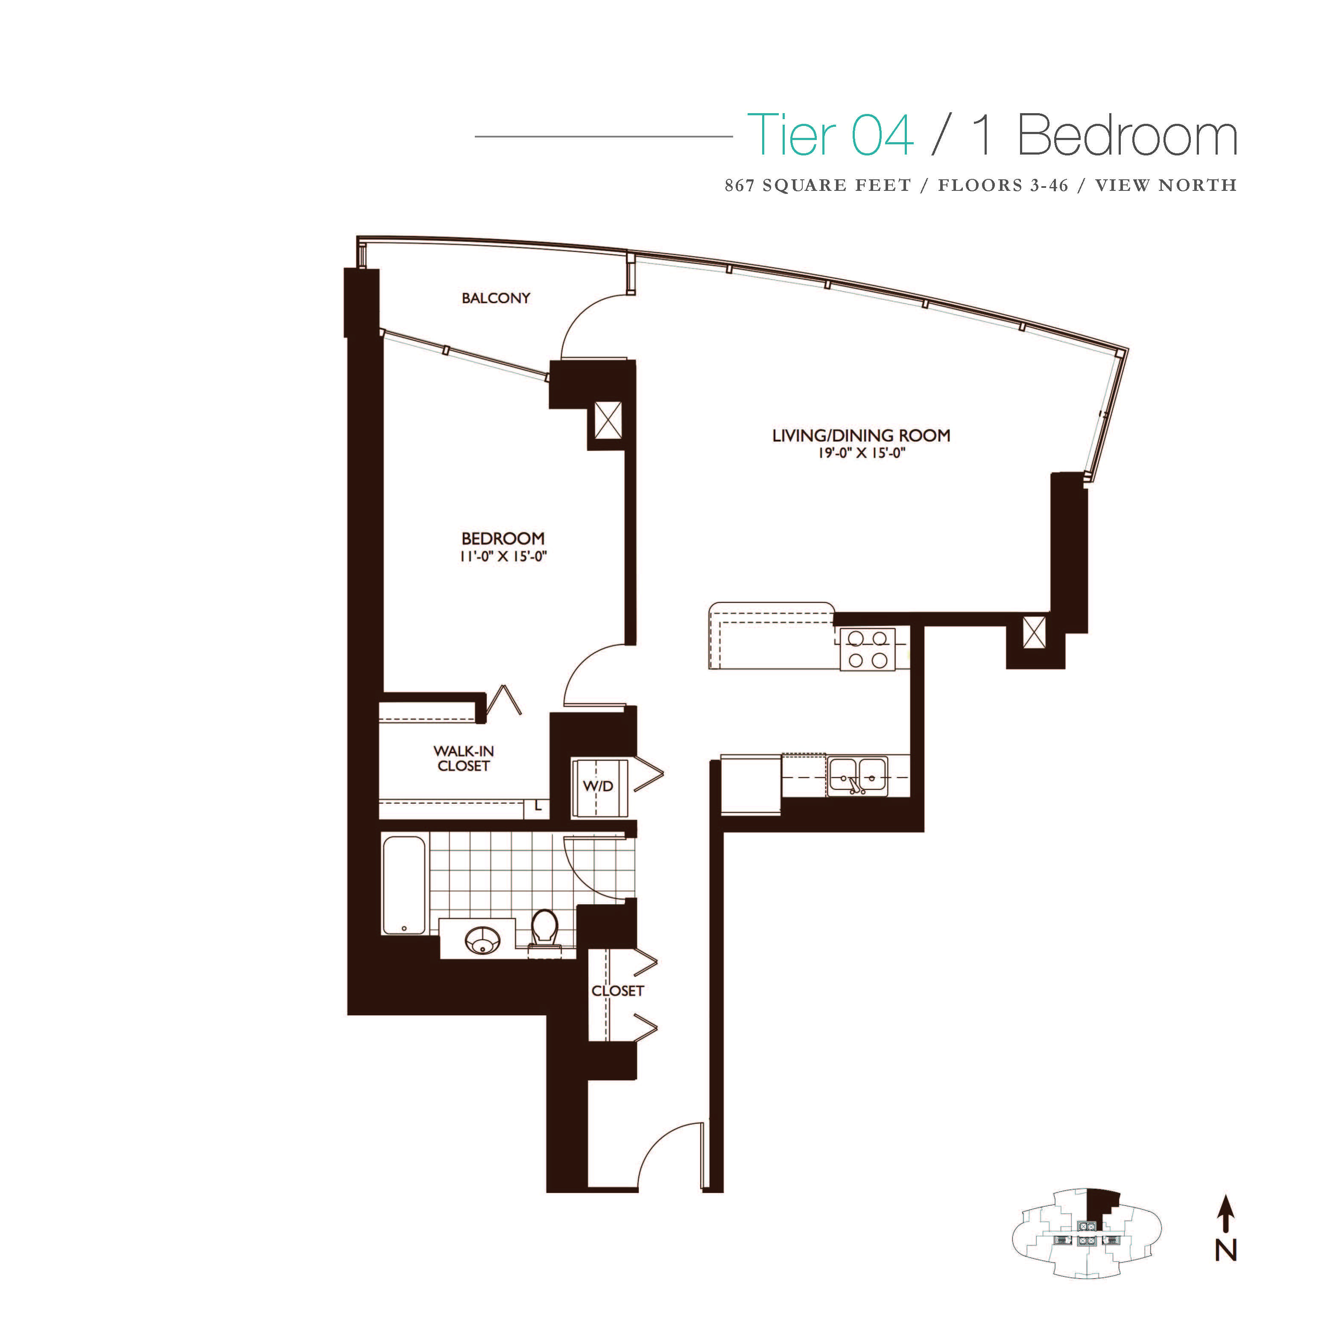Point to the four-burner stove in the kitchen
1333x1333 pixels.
(867, 649)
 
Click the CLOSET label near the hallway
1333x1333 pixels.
(617, 991)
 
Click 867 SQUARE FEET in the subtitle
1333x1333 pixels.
(818, 186)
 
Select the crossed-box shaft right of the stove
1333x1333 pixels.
(1034, 633)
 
